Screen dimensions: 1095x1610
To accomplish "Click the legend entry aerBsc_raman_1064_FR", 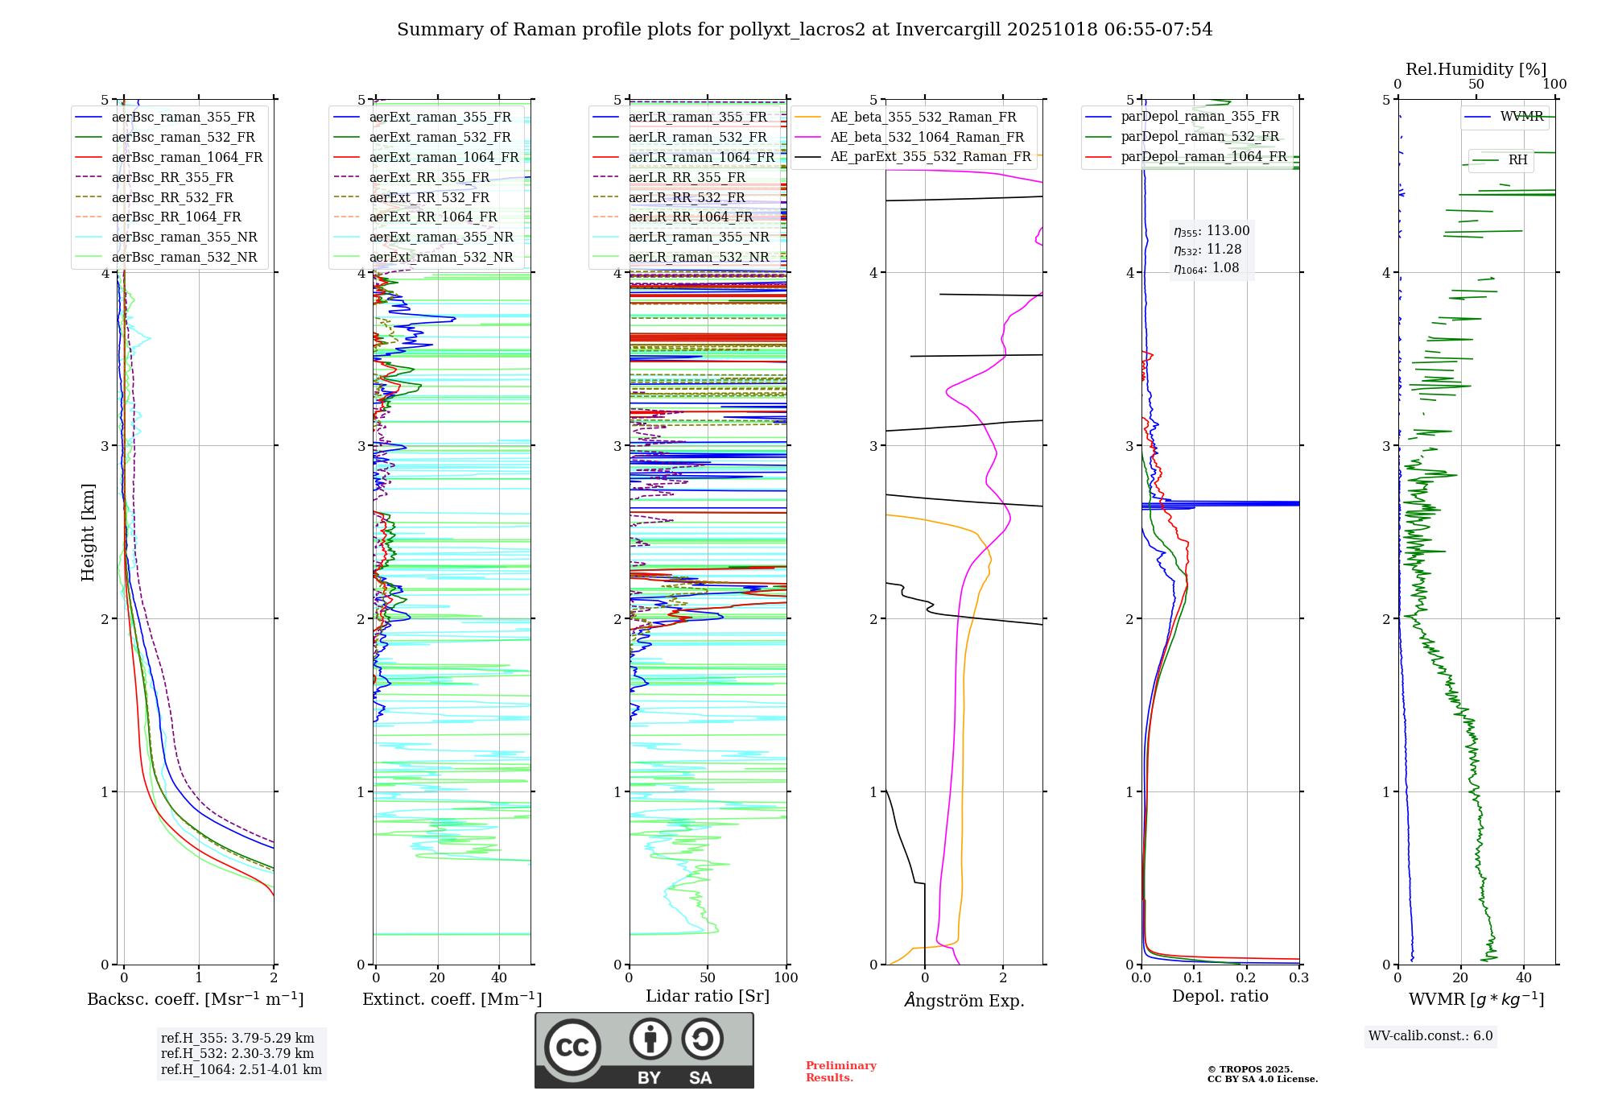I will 187,157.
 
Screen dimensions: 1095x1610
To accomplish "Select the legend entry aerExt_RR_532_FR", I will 429,197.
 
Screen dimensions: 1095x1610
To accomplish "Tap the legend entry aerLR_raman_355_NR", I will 698,237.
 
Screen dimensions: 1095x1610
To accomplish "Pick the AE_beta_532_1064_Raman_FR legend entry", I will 927,137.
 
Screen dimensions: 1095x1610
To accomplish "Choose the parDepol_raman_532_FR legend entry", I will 1199,137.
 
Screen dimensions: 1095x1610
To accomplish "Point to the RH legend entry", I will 1517,160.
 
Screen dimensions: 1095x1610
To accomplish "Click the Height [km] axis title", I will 88,532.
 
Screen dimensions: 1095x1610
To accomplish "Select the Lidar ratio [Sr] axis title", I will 708,996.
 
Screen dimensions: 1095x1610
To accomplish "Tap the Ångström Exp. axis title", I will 964,1000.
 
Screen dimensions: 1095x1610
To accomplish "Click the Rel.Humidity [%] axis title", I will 1476,69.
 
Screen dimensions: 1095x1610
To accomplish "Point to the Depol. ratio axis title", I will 1220,996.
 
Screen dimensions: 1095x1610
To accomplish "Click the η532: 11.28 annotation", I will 1207,250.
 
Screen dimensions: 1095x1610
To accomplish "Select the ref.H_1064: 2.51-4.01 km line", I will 241,1069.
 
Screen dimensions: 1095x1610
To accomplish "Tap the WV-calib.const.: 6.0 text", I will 1430,1035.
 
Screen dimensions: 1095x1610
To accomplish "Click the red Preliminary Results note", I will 840,1072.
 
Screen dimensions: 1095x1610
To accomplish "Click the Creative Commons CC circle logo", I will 572,1047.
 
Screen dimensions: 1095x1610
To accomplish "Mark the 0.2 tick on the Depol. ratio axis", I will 1246,977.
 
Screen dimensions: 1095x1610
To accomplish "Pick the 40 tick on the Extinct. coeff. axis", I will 499,977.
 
